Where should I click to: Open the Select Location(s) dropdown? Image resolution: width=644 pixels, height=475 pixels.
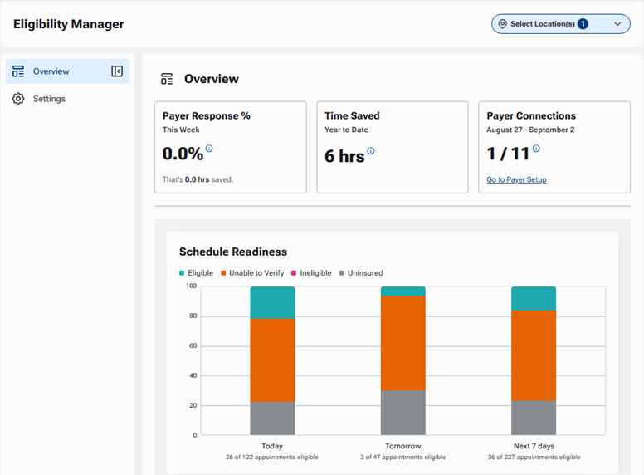(x=561, y=24)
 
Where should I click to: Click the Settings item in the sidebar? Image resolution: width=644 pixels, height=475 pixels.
(x=49, y=99)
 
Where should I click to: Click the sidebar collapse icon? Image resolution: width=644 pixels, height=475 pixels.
(x=117, y=71)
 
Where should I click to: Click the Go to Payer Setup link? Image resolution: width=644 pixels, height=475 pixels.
(x=516, y=179)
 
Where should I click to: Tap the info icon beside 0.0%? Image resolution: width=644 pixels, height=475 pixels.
(x=209, y=149)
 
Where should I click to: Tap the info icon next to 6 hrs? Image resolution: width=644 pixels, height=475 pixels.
(x=371, y=151)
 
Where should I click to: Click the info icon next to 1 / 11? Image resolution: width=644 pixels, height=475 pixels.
(x=536, y=149)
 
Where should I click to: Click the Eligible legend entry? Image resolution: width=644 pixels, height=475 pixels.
(x=197, y=273)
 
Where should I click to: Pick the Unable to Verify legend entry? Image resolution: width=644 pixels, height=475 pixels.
(x=252, y=273)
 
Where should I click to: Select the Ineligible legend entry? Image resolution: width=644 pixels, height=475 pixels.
(x=311, y=273)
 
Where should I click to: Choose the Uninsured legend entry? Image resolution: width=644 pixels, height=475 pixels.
(x=361, y=273)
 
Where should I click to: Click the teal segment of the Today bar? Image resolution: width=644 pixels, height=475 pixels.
(x=272, y=302)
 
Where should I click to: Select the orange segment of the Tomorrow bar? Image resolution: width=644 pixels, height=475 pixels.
(x=402, y=343)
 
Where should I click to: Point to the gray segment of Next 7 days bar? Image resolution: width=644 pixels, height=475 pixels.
(x=534, y=418)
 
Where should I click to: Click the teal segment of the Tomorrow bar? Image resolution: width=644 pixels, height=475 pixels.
(x=402, y=291)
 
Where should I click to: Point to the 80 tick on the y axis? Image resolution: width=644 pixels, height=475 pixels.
(x=193, y=316)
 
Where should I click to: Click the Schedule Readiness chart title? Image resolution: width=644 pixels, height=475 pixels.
(x=233, y=252)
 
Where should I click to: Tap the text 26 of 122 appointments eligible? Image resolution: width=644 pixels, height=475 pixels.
(x=272, y=457)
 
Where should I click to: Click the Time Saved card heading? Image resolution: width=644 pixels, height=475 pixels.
(x=352, y=116)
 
